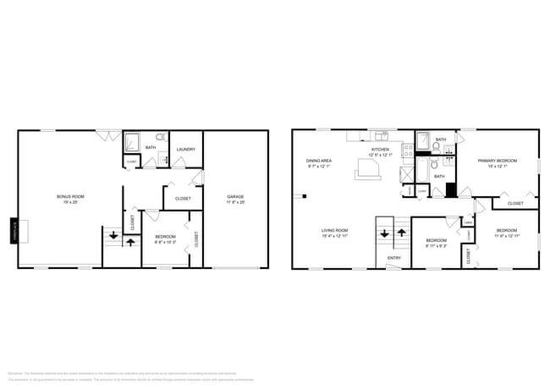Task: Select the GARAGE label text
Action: [x=235, y=200]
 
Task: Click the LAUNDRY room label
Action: [x=186, y=150]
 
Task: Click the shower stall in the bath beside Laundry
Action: [x=131, y=140]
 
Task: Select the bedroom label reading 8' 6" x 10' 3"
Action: [x=164, y=239]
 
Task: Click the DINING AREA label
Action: [x=319, y=163]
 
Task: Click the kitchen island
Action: [x=369, y=169]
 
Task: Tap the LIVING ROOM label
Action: [x=335, y=233]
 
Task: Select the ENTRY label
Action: [x=394, y=257]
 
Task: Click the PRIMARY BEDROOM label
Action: [x=496, y=163]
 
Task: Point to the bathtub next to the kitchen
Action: [x=421, y=173]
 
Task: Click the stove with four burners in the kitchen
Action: [x=407, y=151]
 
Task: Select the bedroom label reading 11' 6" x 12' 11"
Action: [x=507, y=233]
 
